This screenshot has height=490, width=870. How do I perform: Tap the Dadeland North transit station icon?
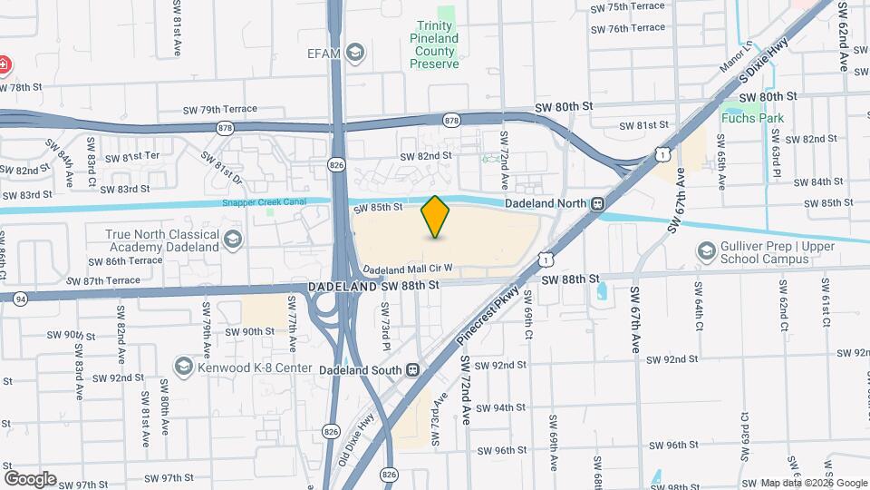[597, 203]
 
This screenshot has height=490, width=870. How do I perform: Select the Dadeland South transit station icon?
[413, 370]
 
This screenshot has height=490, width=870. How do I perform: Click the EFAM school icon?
[356, 53]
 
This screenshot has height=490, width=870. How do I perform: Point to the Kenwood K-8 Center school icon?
[184, 367]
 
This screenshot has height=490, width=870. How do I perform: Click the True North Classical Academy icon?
[233, 240]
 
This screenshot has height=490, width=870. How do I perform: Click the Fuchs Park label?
[753, 117]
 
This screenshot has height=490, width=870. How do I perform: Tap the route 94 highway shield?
[20, 298]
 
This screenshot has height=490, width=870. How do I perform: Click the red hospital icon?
[4, 66]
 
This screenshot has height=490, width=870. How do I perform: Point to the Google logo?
[30, 478]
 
